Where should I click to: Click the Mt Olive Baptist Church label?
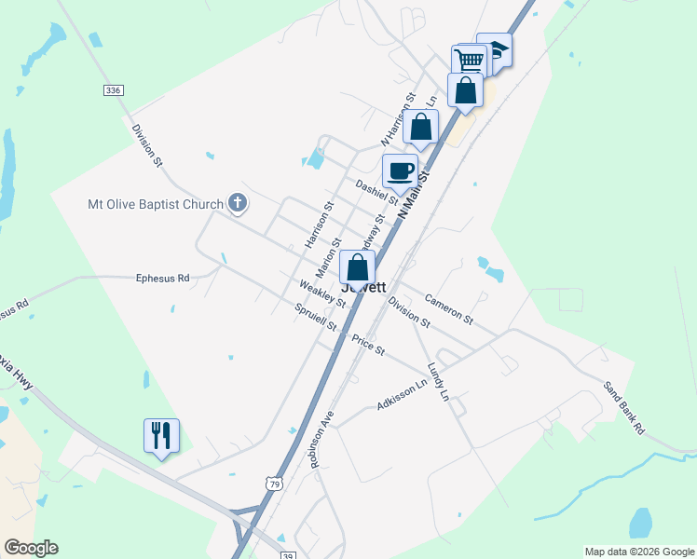156,204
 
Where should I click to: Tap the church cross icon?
238,203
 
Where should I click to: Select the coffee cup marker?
401,171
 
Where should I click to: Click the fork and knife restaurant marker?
161,435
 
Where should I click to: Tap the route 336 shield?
113,89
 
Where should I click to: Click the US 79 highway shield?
272,484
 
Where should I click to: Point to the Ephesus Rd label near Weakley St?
162,278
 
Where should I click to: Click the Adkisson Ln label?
406,396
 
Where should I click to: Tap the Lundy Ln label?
438,382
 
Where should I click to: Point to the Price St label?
368,345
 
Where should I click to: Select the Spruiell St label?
315,318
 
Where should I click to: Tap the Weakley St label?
322,294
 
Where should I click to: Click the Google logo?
31,548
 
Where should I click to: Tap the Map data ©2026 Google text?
638,552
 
